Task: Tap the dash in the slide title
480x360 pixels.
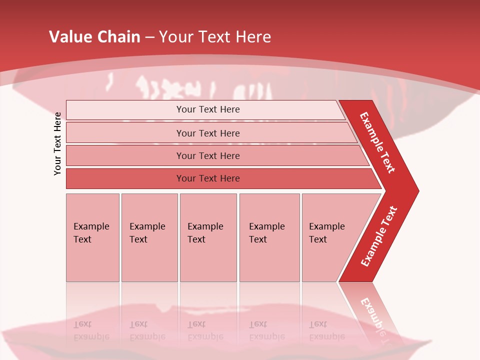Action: point(149,37)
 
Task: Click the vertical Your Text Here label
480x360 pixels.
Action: point(57,143)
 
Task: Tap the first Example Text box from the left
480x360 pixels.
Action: point(92,237)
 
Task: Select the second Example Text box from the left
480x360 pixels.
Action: point(149,237)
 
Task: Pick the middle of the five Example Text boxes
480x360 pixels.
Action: point(208,237)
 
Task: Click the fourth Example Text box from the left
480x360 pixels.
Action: point(269,237)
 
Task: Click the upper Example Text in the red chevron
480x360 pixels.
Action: point(378,142)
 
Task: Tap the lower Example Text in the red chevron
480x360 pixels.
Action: point(379,236)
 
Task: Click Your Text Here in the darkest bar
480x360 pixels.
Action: point(208,178)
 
